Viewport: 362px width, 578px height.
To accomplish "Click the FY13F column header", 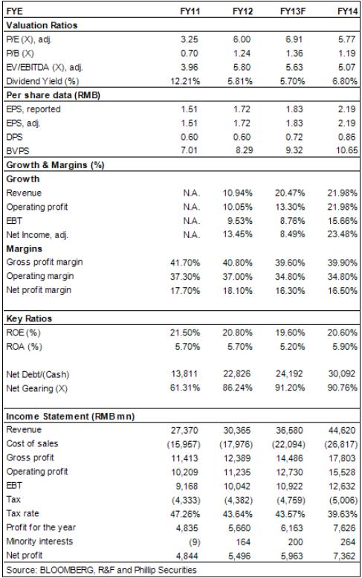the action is pos(293,11).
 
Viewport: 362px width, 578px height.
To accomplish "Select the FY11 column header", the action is pos(190,11).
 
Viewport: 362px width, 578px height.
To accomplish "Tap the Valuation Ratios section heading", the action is pos(42,25).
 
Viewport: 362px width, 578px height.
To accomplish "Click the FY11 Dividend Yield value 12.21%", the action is pos(185,81).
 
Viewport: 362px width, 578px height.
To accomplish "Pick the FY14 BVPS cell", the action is pos(347,150).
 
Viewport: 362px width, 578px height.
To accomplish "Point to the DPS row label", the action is pos(14,137).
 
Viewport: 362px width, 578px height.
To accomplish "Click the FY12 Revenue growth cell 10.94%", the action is pos(238,193).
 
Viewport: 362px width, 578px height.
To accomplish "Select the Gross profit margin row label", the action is pos(45,263).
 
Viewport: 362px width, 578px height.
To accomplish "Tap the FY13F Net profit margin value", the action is pos(290,290).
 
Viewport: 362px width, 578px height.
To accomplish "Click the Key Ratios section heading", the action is pos(29,318).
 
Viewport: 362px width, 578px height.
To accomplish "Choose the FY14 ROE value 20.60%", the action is pos(343,333).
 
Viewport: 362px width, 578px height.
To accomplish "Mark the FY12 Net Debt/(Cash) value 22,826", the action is pos(237,373).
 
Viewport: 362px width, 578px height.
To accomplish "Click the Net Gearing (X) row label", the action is pos(37,388).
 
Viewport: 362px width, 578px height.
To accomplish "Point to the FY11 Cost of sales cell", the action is pos(184,445).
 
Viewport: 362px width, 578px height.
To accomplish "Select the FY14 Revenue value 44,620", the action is pos(342,431).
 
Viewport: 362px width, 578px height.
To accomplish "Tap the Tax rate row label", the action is pos(22,513).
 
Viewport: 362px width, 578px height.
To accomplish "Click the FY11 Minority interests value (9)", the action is pos(194,542).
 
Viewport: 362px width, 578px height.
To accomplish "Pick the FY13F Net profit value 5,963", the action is pos(291,556).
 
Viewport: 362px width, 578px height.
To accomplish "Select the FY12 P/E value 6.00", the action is pos(242,39).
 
